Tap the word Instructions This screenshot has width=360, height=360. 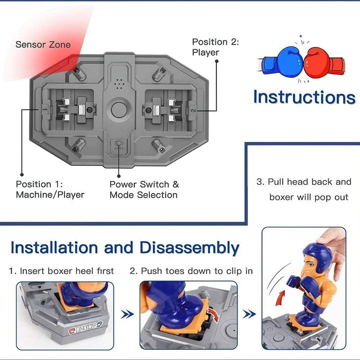point(303,97)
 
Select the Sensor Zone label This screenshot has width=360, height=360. point(43,44)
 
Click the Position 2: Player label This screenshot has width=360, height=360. point(215,47)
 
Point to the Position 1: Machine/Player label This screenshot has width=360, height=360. point(50,189)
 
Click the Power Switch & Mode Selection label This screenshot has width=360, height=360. point(144,189)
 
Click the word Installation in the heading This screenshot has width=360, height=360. point(54,247)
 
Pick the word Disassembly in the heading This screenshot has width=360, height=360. point(189,247)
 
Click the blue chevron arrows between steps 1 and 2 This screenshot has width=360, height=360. point(128,314)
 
